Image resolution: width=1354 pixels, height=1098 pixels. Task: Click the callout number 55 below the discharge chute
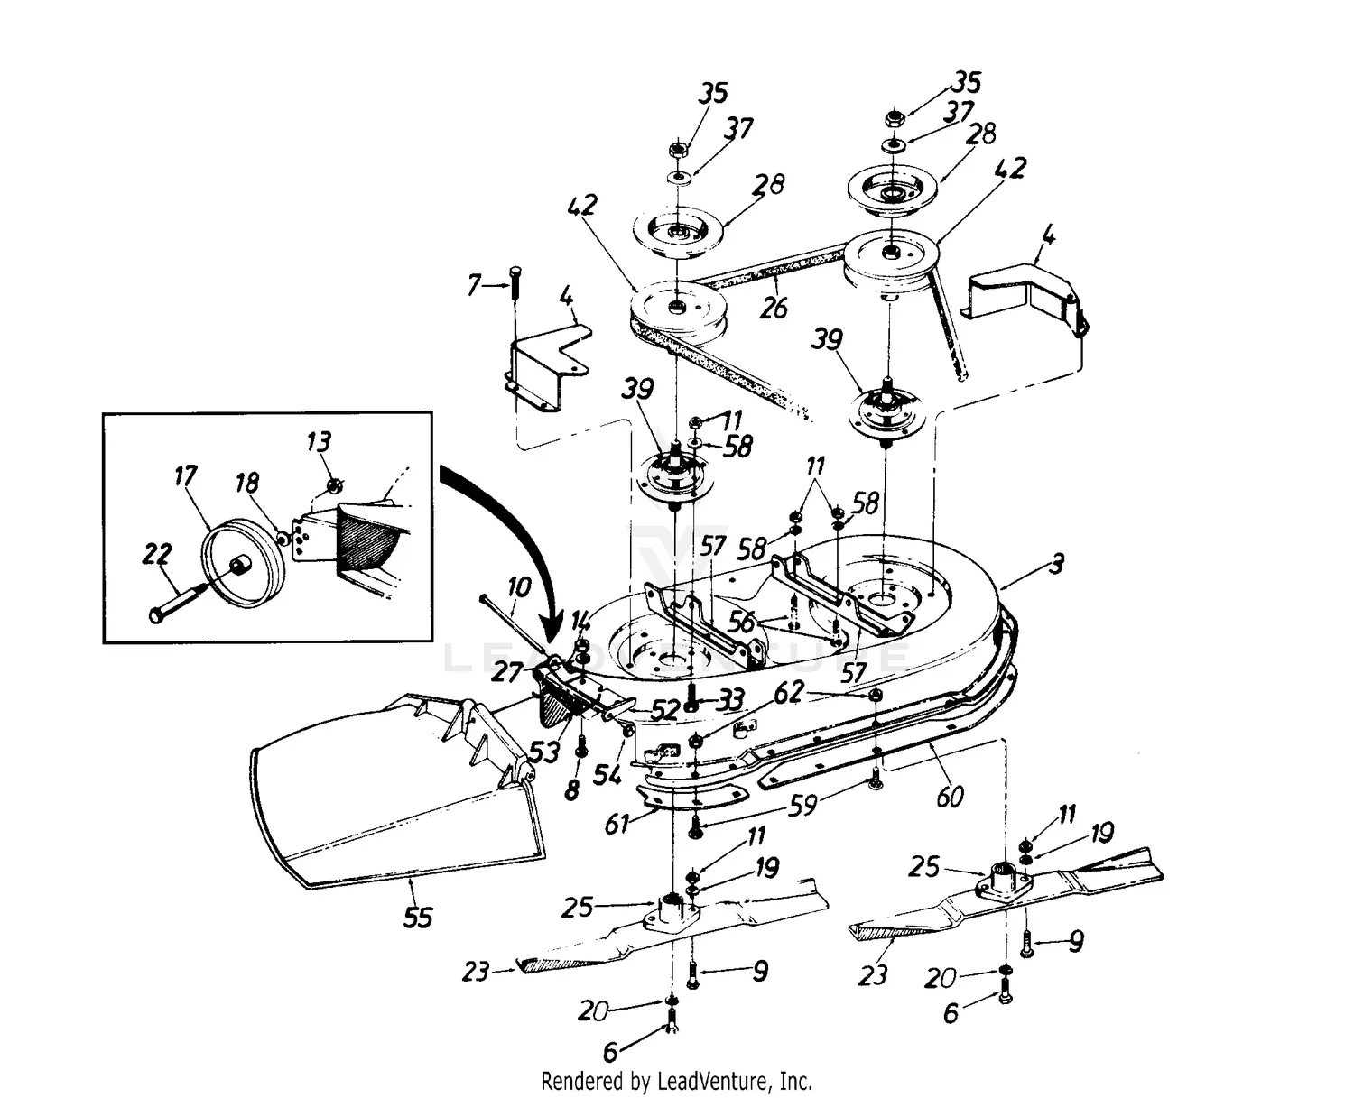pos(417,917)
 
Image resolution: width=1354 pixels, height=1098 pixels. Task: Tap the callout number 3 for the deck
pos(1056,565)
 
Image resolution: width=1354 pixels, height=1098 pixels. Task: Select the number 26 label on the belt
pos(774,308)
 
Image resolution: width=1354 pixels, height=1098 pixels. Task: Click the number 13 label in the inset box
pos(318,442)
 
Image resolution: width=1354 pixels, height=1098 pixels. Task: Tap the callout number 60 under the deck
pos(950,797)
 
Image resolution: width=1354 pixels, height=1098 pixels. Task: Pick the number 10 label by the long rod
pos(518,588)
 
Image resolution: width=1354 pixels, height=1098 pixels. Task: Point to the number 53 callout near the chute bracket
pos(544,751)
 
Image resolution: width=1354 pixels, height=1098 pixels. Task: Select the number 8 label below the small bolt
pos(570,790)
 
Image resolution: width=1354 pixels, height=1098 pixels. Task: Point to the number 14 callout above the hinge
pos(581,621)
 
